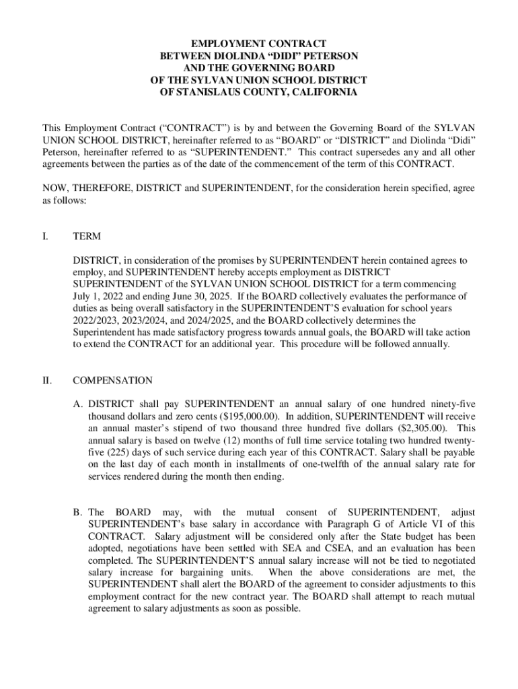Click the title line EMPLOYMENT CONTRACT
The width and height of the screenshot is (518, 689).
(x=259, y=44)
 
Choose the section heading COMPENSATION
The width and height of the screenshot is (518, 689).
(x=112, y=380)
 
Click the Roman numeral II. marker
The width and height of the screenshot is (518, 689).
(x=47, y=380)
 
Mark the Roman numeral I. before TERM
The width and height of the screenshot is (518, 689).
(x=44, y=236)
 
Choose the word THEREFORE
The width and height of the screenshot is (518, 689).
(x=99, y=188)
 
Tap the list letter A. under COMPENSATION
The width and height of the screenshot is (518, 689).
(x=78, y=404)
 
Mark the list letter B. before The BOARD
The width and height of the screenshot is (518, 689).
(x=78, y=512)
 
